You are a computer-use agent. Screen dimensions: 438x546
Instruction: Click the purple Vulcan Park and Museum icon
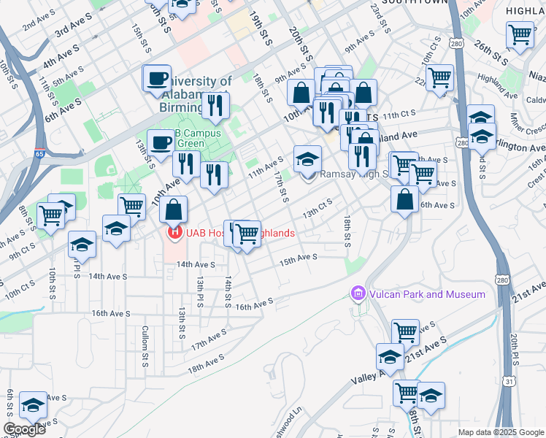(x=358, y=294)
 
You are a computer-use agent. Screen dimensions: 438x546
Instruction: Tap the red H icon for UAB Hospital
(x=174, y=233)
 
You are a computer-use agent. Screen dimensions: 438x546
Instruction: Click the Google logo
(x=23, y=429)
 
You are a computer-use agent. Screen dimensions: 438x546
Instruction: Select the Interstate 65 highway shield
(x=39, y=154)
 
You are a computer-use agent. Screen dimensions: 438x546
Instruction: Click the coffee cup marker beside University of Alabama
(x=157, y=79)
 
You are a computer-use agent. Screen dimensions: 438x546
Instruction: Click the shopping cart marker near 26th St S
(x=520, y=34)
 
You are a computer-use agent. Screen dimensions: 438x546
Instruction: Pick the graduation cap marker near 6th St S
(x=33, y=405)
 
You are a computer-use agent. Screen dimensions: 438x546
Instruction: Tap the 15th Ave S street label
(x=299, y=258)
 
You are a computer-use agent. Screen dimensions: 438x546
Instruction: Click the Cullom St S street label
(x=145, y=336)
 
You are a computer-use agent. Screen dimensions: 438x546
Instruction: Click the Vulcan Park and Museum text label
(x=426, y=294)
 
